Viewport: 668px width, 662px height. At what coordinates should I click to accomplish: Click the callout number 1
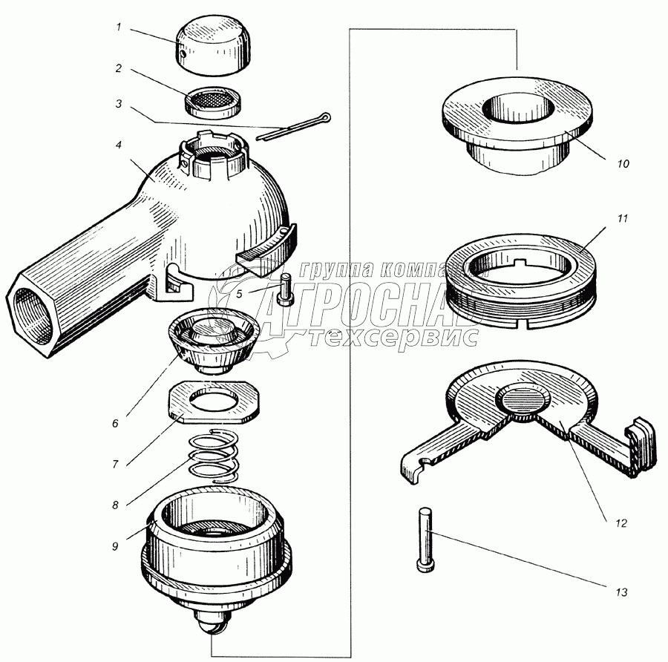119,27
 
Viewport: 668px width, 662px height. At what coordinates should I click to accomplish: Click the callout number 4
119,145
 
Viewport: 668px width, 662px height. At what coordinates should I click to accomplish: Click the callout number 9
115,545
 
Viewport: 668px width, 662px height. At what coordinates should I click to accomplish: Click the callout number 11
623,218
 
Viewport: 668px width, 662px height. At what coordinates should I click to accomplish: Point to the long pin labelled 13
425,540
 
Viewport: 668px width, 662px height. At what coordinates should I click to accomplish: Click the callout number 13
621,592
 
